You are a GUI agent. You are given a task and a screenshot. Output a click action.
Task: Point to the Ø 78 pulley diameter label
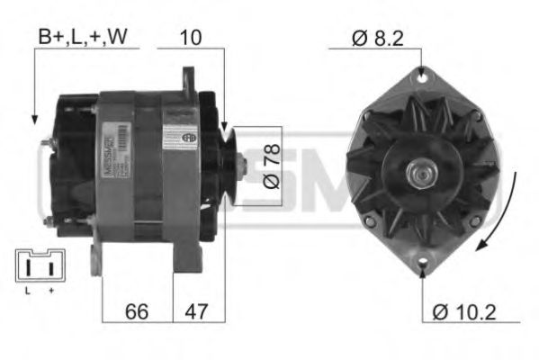tap(269, 166)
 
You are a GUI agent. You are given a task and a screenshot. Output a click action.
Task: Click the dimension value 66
tap(136, 311)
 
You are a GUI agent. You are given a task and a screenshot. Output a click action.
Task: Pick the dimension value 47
tap(196, 311)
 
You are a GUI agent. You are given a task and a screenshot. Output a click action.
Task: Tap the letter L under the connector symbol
tap(27, 291)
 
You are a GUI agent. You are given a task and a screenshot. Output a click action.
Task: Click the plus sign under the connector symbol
tap(51, 291)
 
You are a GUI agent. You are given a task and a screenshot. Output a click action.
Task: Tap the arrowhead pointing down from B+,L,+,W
tap(35, 118)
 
